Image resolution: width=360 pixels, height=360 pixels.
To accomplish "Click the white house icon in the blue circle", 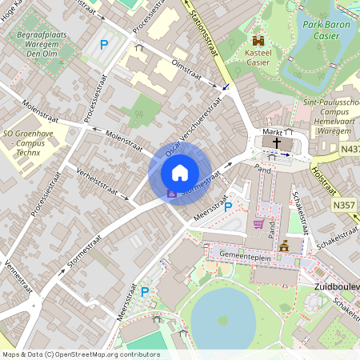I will coord(180,172).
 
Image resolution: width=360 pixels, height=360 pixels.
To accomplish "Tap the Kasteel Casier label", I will coord(258,56).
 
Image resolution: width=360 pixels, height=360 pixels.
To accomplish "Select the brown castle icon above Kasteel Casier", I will coord(258,40).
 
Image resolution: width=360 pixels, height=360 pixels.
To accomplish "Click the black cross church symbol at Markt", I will coord(277,142).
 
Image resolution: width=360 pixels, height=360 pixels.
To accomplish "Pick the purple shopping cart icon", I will coord(258,224).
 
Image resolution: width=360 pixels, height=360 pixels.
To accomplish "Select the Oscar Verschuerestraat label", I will coord(190,129).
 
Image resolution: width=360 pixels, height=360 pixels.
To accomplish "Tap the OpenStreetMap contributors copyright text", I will coord(80,354).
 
